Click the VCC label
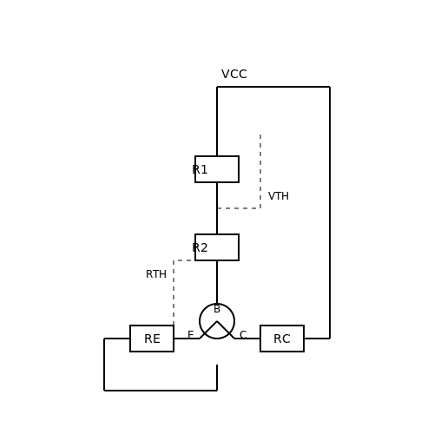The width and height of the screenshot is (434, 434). pos(234,74)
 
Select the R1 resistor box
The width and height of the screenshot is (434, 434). pos(217,169)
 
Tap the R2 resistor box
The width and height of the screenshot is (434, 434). pos(217,247)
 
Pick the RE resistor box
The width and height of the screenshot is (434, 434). pos(152,339)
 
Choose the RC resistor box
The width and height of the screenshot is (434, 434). pos(282,339)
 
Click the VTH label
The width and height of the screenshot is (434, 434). pos(279,196)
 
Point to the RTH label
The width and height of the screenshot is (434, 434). pos(156,274)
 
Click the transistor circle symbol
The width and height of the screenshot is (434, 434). pos(217,304)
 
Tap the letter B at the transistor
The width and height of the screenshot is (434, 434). pos(217,309)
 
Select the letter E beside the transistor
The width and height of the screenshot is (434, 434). pos(191,335)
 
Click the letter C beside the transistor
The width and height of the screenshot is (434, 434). pos(243,335)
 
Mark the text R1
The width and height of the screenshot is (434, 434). pos(200,169)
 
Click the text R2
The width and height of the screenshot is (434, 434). pos(200,247)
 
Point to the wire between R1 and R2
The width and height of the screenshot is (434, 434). pos(217,208)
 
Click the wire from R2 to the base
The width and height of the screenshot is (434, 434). pos(217,282)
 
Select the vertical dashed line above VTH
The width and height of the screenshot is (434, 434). pos(260,171)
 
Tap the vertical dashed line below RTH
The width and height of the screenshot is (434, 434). pos(174,293)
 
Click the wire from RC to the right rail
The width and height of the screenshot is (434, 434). pos(317,339)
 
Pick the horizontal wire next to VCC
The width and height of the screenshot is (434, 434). pos(273,87)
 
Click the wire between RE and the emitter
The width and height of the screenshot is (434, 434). pos(187,339)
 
